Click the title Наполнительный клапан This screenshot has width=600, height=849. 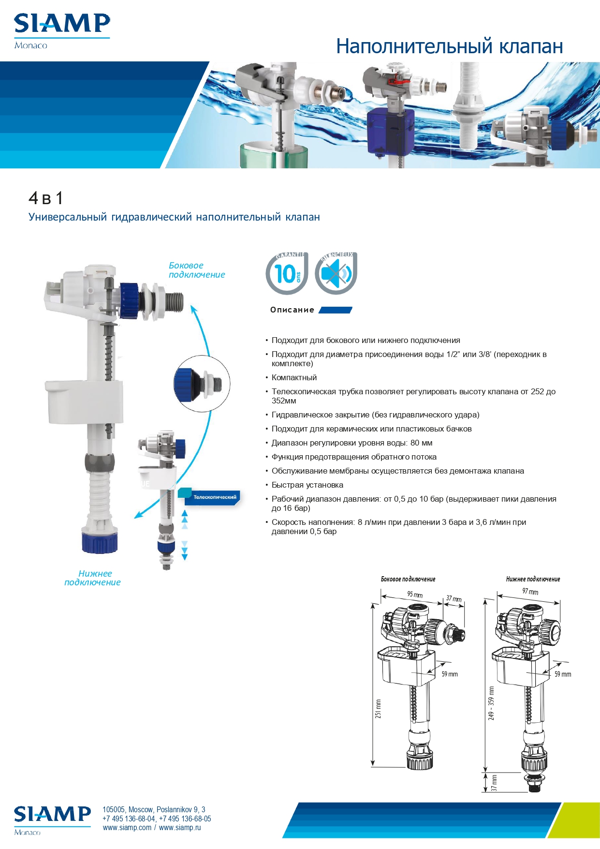click(x=450, y=46)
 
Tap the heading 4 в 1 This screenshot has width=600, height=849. click(x=46, y=198)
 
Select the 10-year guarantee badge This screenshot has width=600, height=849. click(x=287, y=273)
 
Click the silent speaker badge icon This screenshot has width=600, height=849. click(x=336, y=273)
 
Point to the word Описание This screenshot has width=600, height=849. click(x=292, y=310)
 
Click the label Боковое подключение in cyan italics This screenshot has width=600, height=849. click(x=197, y=270)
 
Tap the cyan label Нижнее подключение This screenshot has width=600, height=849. click(x=92, y=578)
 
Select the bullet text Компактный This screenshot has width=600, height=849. click(x=294, y=377)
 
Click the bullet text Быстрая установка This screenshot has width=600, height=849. click(x=307, y=485)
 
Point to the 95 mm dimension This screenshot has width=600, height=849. click(x=415, y=595)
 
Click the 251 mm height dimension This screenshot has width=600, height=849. click(x=378, y=709)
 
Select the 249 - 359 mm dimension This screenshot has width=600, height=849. click(x=491, y=703)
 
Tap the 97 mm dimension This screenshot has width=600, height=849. click(x=530, y=591)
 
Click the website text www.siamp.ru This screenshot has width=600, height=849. click(x=180, y=827)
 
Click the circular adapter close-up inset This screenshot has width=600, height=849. click(x=202, y=384)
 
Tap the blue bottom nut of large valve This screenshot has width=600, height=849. click(x=100, y=542)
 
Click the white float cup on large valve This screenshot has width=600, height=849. click(x=84, y=401)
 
